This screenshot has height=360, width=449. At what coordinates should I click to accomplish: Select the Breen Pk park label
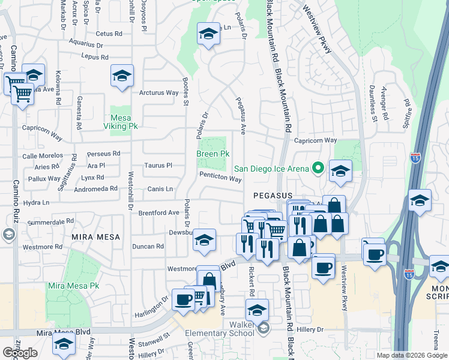pyautogui.click(x=213, y=154)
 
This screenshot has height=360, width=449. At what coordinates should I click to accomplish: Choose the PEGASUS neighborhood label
pyautogui.click(x=272, y=196)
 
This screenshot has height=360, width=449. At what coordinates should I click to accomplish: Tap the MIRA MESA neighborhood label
pyautogui.click(x=92, y=237)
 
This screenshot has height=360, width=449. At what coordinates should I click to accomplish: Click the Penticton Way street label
pyautogui.click(x=220, y=179)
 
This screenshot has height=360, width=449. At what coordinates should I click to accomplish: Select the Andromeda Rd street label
pyautogui.click(x=95, y=188)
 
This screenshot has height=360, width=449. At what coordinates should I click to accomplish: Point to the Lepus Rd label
pyautogui.click(x=96, y=58)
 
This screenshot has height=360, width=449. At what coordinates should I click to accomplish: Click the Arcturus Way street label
pyautogui.click(x=159, y=93)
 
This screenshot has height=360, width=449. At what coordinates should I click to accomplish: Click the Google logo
pyautogui.click(x=20, y=353)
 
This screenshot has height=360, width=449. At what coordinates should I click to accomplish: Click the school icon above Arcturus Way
pyautogui.click(x=122, y=76)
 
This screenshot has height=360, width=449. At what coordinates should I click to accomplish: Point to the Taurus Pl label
pyautogui.click(x=158, y=165)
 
